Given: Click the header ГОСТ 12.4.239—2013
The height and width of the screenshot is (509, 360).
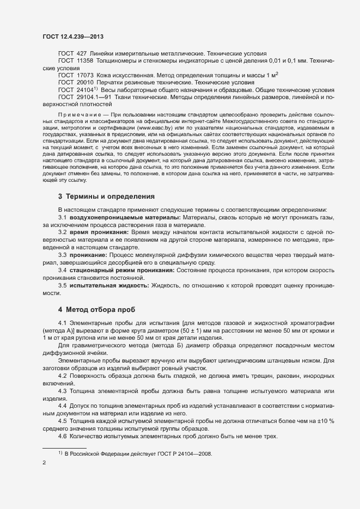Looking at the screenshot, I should (73, 36).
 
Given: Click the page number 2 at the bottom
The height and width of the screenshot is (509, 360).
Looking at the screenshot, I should (44, 463).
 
